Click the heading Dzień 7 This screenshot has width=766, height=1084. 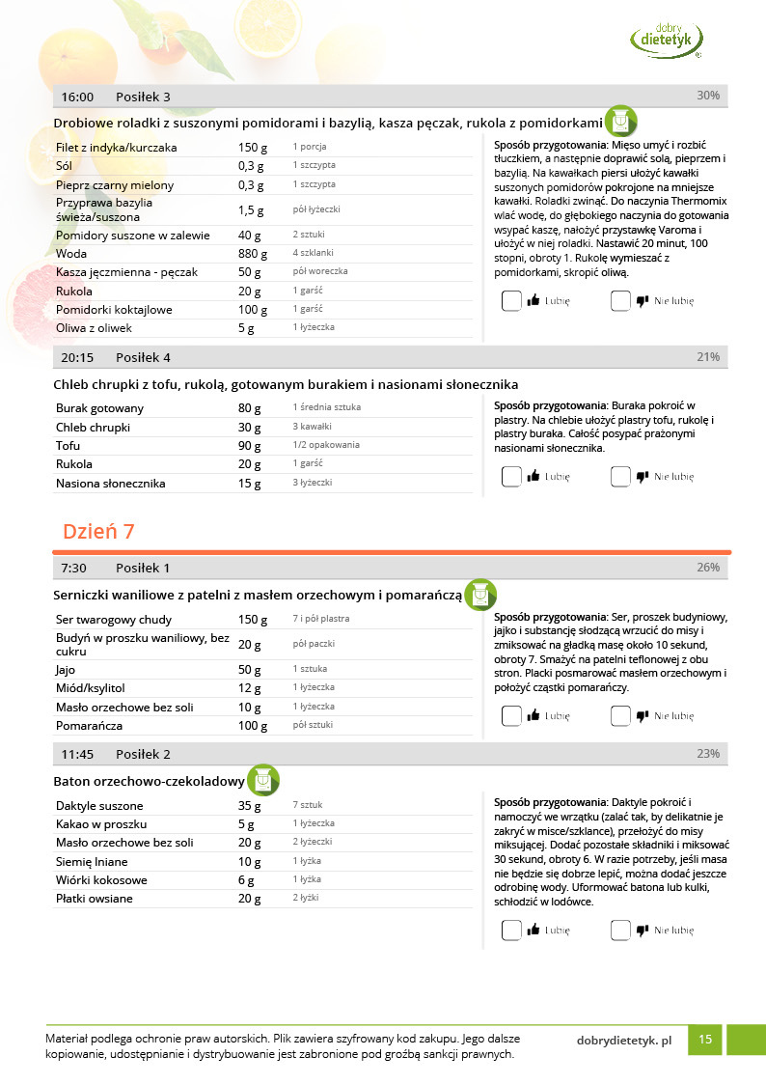[x=98, y=532]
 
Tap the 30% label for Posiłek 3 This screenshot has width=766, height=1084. [x=708, y=96]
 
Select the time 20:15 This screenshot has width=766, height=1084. [x=77, y=357]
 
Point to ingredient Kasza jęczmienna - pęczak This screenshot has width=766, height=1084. [x=126, y=272]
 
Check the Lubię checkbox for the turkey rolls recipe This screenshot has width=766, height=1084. [x=511, y=301]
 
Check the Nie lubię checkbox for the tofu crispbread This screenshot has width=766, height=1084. [x=620, y=477]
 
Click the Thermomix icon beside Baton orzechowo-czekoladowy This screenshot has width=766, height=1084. [x=263, y=780]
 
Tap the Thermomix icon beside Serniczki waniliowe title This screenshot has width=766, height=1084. [x=479, y=596]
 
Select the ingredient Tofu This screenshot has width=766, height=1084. [x=68, y=446]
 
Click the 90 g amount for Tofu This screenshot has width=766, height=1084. [x=250, y=446]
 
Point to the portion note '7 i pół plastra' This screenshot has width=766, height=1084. [x=321, y=619]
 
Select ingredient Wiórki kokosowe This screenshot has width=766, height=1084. [x=101, y=880]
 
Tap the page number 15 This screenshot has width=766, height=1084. [x=705, y=1040]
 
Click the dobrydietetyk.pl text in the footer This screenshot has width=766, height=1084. [x=623, y=1041]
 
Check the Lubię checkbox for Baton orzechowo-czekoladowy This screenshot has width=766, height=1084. [x=511, y=931]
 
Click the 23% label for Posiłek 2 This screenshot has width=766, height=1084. [x=708, y=754]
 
